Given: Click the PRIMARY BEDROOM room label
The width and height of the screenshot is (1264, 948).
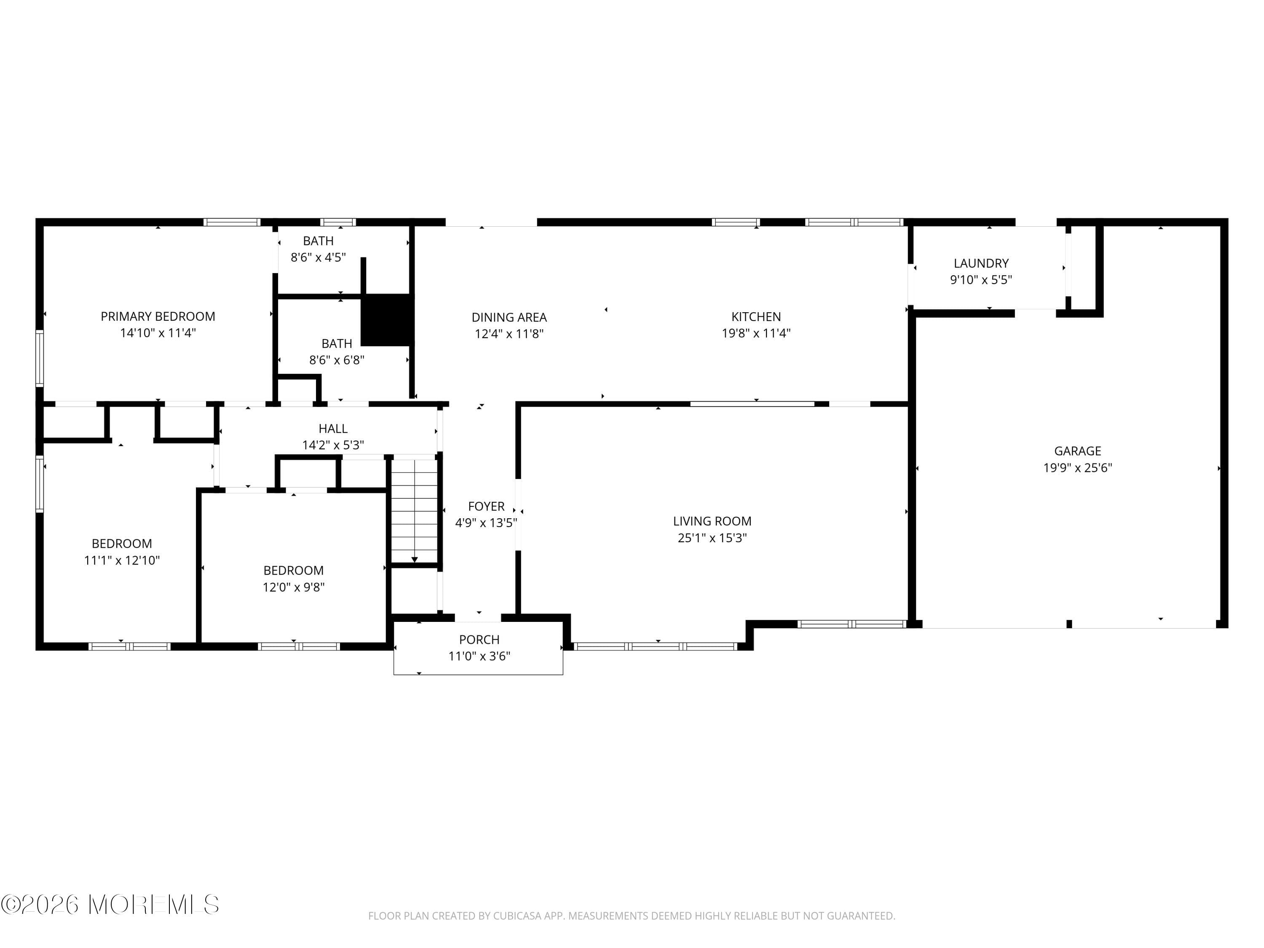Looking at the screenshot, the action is [158, 316].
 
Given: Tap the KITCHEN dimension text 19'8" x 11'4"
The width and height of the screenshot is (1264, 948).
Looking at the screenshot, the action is [756, 333].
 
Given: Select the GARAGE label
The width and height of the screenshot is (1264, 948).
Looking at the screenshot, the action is [1078, 451].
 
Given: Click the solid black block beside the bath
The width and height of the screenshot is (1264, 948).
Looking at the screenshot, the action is [387, 319].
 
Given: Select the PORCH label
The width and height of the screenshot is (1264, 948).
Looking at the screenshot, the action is [479, 640].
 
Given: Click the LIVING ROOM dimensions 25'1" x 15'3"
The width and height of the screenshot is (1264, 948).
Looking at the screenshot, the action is [712, 538].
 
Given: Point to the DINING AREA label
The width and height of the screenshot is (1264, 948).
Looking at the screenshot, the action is [509, 318].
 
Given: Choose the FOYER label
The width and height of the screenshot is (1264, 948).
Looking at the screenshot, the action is [486, 506].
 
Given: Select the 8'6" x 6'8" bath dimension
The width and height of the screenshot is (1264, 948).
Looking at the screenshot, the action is [337, 360].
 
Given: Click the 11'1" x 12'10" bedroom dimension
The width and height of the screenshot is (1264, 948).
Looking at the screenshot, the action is [122, 560].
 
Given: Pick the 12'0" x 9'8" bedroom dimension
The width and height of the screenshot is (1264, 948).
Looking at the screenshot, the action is [294, 587].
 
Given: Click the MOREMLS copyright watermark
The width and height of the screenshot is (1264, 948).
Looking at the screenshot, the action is [110, 905].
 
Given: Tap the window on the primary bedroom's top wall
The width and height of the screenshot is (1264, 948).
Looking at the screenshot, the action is [232, 222].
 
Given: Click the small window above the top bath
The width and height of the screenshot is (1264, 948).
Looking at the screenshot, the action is [338, 222].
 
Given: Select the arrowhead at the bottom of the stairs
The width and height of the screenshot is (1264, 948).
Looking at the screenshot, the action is [414, 560].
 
